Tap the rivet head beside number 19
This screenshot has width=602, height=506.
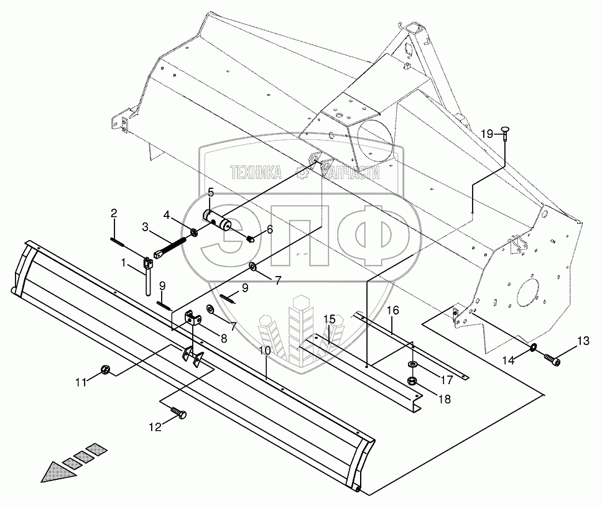pyautogui.click(x=504, y=131)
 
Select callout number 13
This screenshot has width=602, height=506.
pyautogui.click(x=583, y=340)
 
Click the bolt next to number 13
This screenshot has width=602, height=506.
pyautogui.click(x=552, y=358)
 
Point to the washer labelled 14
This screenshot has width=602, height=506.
pyautogui.click(x=534, y=346)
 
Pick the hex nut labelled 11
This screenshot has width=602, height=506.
pyautogui.click(x=106, y=370)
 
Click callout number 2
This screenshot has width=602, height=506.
pyautogui.click(x=114, y=214)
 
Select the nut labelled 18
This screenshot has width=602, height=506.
pyautogui.click(x=411, y=380)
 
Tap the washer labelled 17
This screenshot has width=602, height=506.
pyautogui.click(x=411, y=364)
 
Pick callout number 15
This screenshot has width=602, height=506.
pyautogui.click(x=328, y=320)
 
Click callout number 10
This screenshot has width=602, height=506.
pyautogui.click(x=265, y=351)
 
